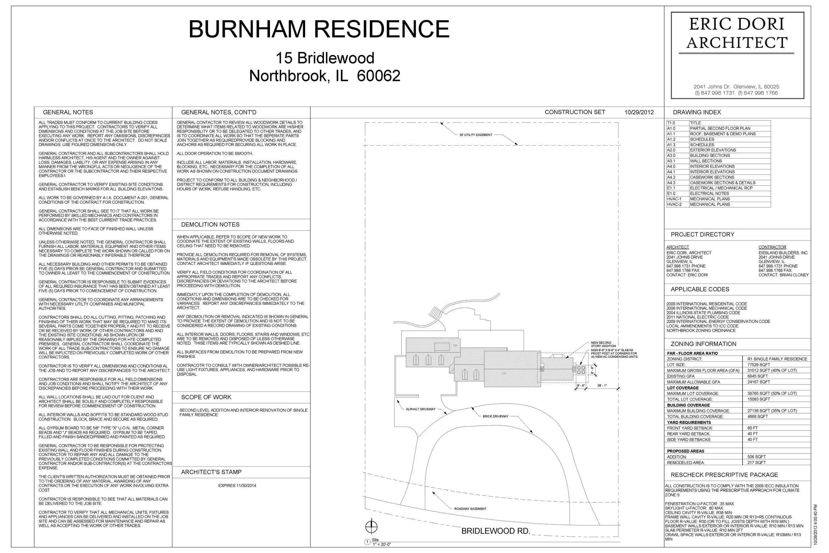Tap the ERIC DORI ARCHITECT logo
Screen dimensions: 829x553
737,34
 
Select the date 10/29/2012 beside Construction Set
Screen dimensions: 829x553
639,112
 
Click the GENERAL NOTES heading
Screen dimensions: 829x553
68,112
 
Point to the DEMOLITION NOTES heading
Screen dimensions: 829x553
210,225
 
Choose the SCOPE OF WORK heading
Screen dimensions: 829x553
206,397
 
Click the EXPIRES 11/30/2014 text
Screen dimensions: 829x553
237,486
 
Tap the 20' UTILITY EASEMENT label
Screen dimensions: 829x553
476,135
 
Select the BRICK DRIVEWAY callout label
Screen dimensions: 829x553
495,417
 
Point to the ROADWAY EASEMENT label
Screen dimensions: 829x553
470,509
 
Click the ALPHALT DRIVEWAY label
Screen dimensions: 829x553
420,409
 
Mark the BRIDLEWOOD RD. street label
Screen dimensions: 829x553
495,531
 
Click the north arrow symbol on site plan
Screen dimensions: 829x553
371,527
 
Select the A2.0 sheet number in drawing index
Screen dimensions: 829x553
671,150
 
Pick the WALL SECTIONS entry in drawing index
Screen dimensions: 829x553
706,161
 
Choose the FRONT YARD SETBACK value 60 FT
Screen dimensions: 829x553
752,428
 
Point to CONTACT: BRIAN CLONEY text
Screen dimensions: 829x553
784,275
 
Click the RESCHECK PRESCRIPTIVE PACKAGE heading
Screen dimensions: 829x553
724,475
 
